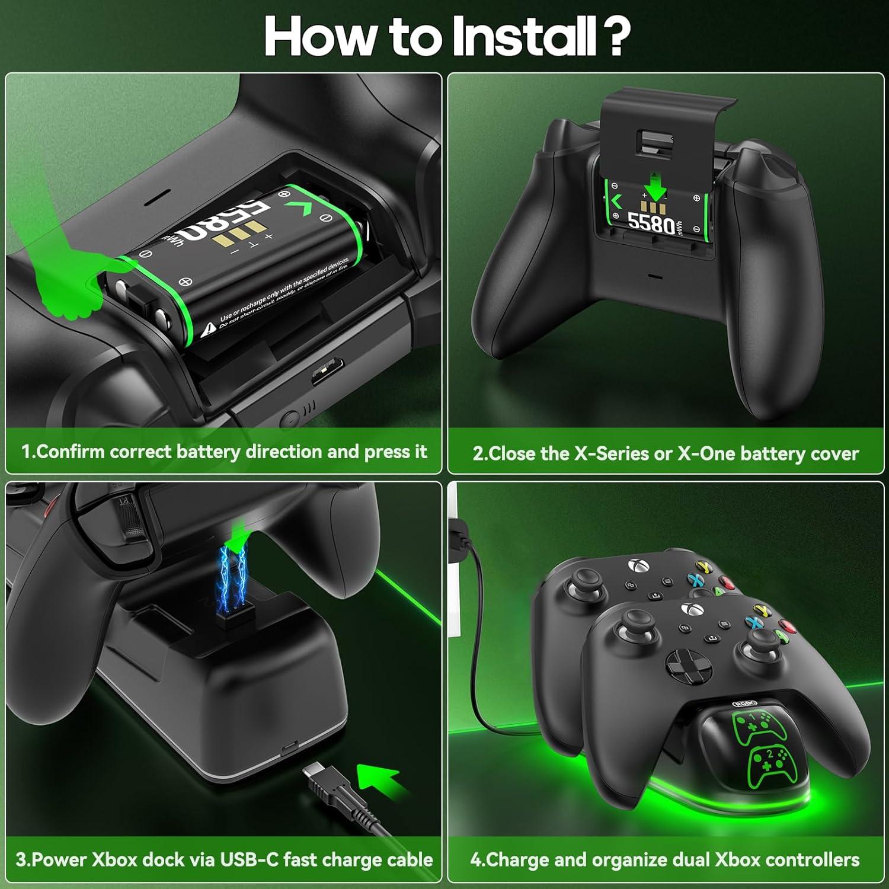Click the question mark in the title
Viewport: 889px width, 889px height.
click(610, 37)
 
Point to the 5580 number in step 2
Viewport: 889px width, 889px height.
click(650, 225)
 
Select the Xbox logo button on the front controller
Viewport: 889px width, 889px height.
click(688, 609)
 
